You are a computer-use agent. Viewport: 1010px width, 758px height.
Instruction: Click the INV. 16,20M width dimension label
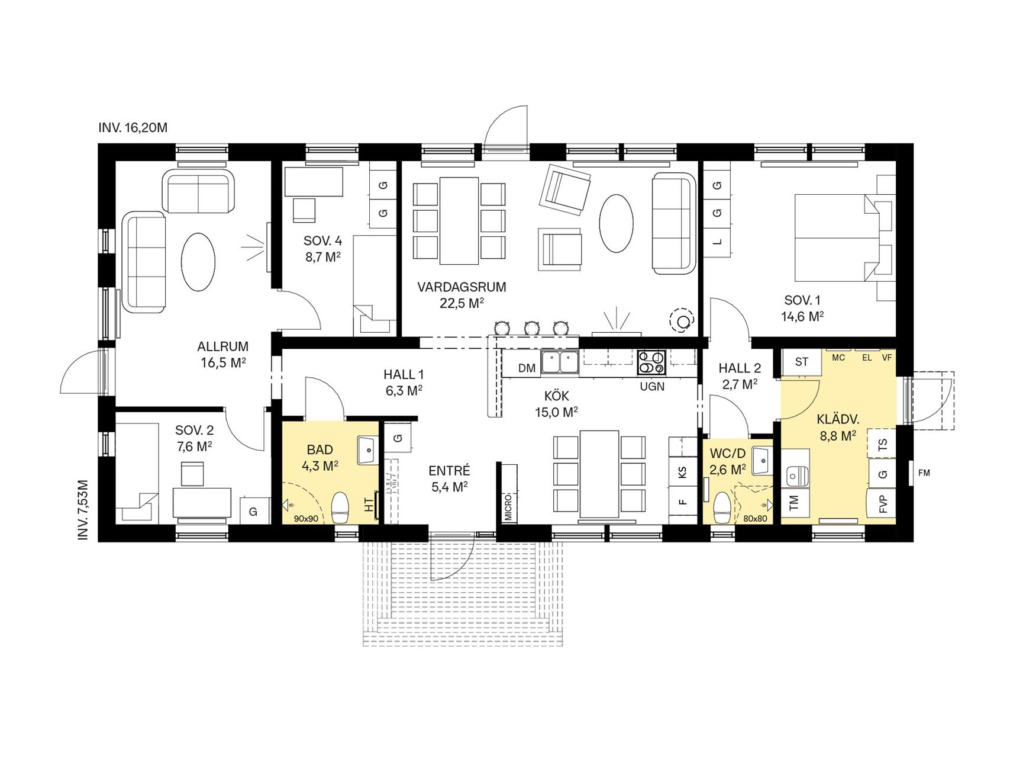click(133, 127)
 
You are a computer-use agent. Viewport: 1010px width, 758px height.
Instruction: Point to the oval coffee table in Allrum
click(197, 261)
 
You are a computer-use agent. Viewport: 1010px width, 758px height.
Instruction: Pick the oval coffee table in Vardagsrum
click(616, 223)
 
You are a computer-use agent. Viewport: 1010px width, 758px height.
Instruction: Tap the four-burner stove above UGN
click(651, 362)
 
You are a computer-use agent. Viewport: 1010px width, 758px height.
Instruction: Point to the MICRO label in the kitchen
click(508, 507)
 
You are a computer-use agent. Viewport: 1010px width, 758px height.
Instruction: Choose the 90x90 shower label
click(306, 519)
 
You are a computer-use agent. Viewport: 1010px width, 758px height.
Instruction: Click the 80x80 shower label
click(754, 519)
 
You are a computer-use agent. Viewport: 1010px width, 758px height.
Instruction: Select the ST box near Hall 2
click(802, 362)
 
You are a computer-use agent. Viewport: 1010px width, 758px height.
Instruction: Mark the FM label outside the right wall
click(924, 473)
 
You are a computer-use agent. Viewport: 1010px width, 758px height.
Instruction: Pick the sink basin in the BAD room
click(367, 450)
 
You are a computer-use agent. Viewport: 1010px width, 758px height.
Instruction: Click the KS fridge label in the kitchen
click(683, 472)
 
